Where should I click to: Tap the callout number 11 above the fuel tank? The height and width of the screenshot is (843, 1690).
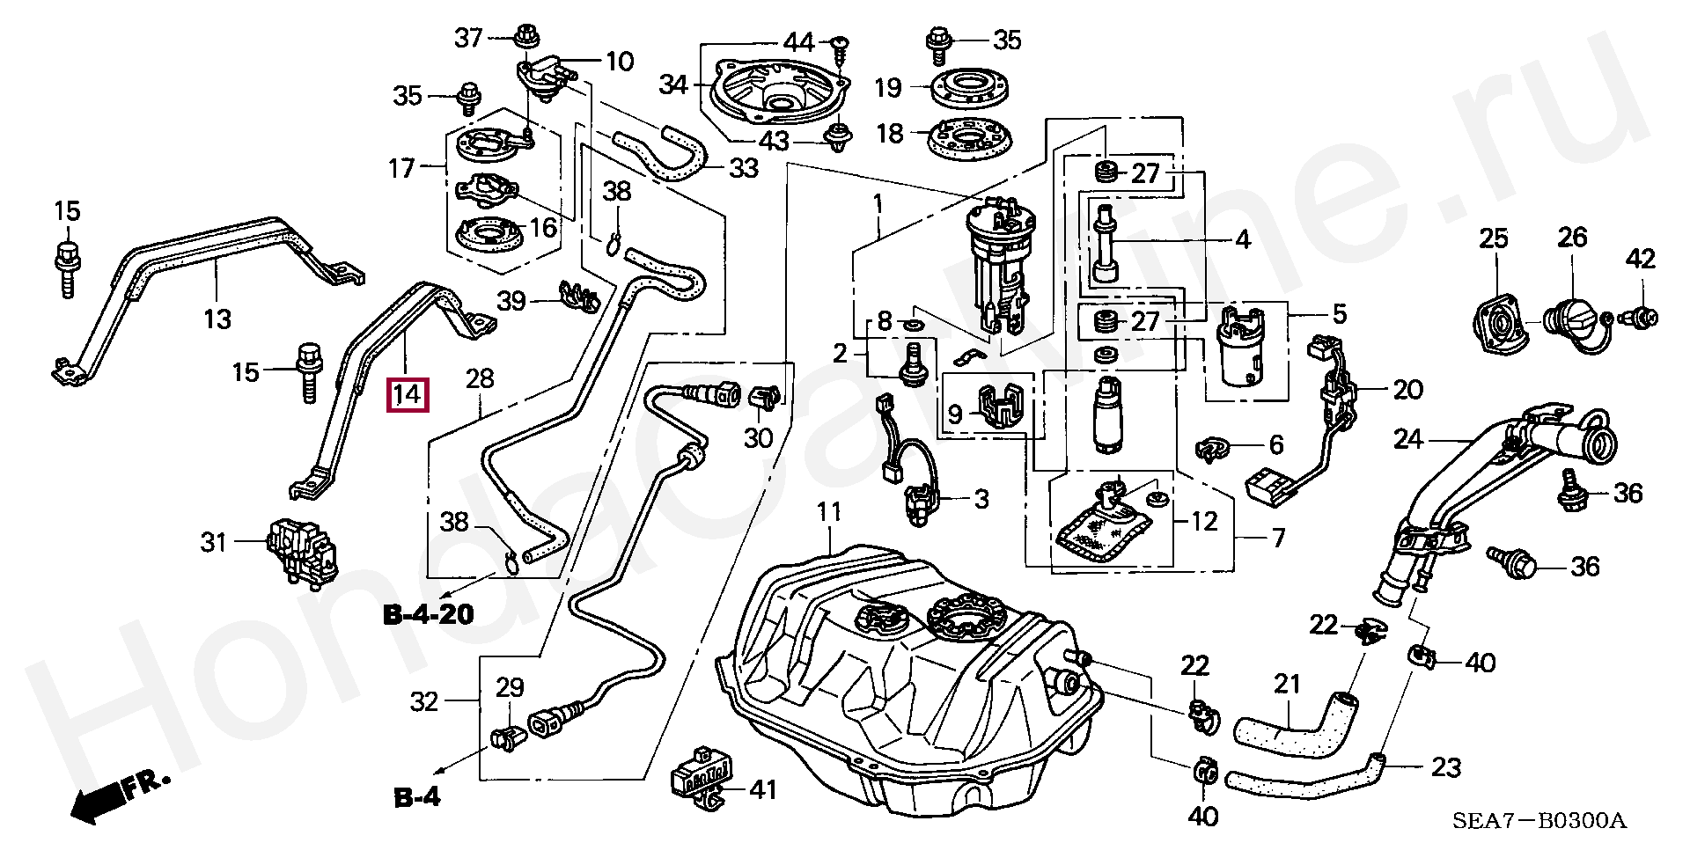click(828, 511)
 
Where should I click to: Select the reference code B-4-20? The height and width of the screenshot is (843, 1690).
click(429, 613)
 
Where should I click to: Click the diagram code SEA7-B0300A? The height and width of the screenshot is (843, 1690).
click(1539, 822)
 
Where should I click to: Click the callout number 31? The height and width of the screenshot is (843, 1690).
click(214, 542)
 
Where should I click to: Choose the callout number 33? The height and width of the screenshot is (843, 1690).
click(744, 167)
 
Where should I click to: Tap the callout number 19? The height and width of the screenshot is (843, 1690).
click(888, 87)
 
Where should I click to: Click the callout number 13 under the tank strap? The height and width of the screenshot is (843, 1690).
click(217, 319)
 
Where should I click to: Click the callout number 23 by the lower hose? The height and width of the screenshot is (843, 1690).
click(1446, 767)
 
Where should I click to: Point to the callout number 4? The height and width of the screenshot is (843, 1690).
click(1243, 238)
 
